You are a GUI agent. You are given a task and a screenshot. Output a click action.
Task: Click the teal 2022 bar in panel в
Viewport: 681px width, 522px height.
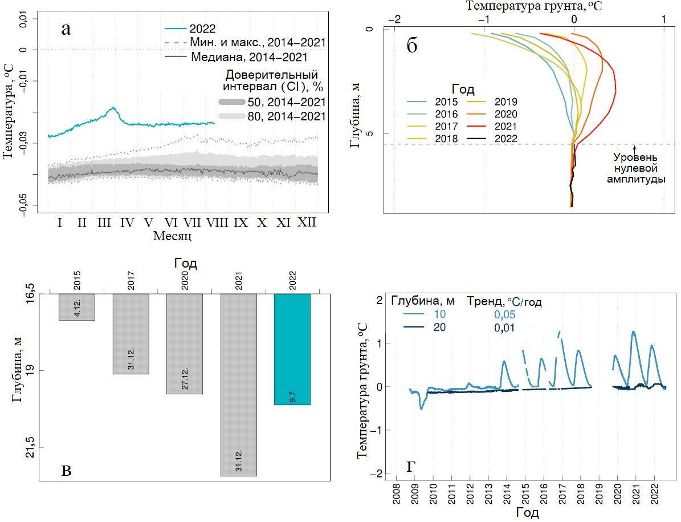[x=292, y=349]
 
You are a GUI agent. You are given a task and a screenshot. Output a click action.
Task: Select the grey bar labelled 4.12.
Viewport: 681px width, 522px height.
[x=76, y=307]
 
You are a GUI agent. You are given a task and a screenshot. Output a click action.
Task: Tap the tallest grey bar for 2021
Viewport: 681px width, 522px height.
[x=238, y=385]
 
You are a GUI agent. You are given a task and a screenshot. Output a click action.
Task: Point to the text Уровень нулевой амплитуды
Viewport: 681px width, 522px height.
[x=635, y=167]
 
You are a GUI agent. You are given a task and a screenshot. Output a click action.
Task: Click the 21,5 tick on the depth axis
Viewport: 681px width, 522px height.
[x=31, y=448]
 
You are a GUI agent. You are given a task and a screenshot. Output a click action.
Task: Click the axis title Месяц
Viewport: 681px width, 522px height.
[x=172, y=236]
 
